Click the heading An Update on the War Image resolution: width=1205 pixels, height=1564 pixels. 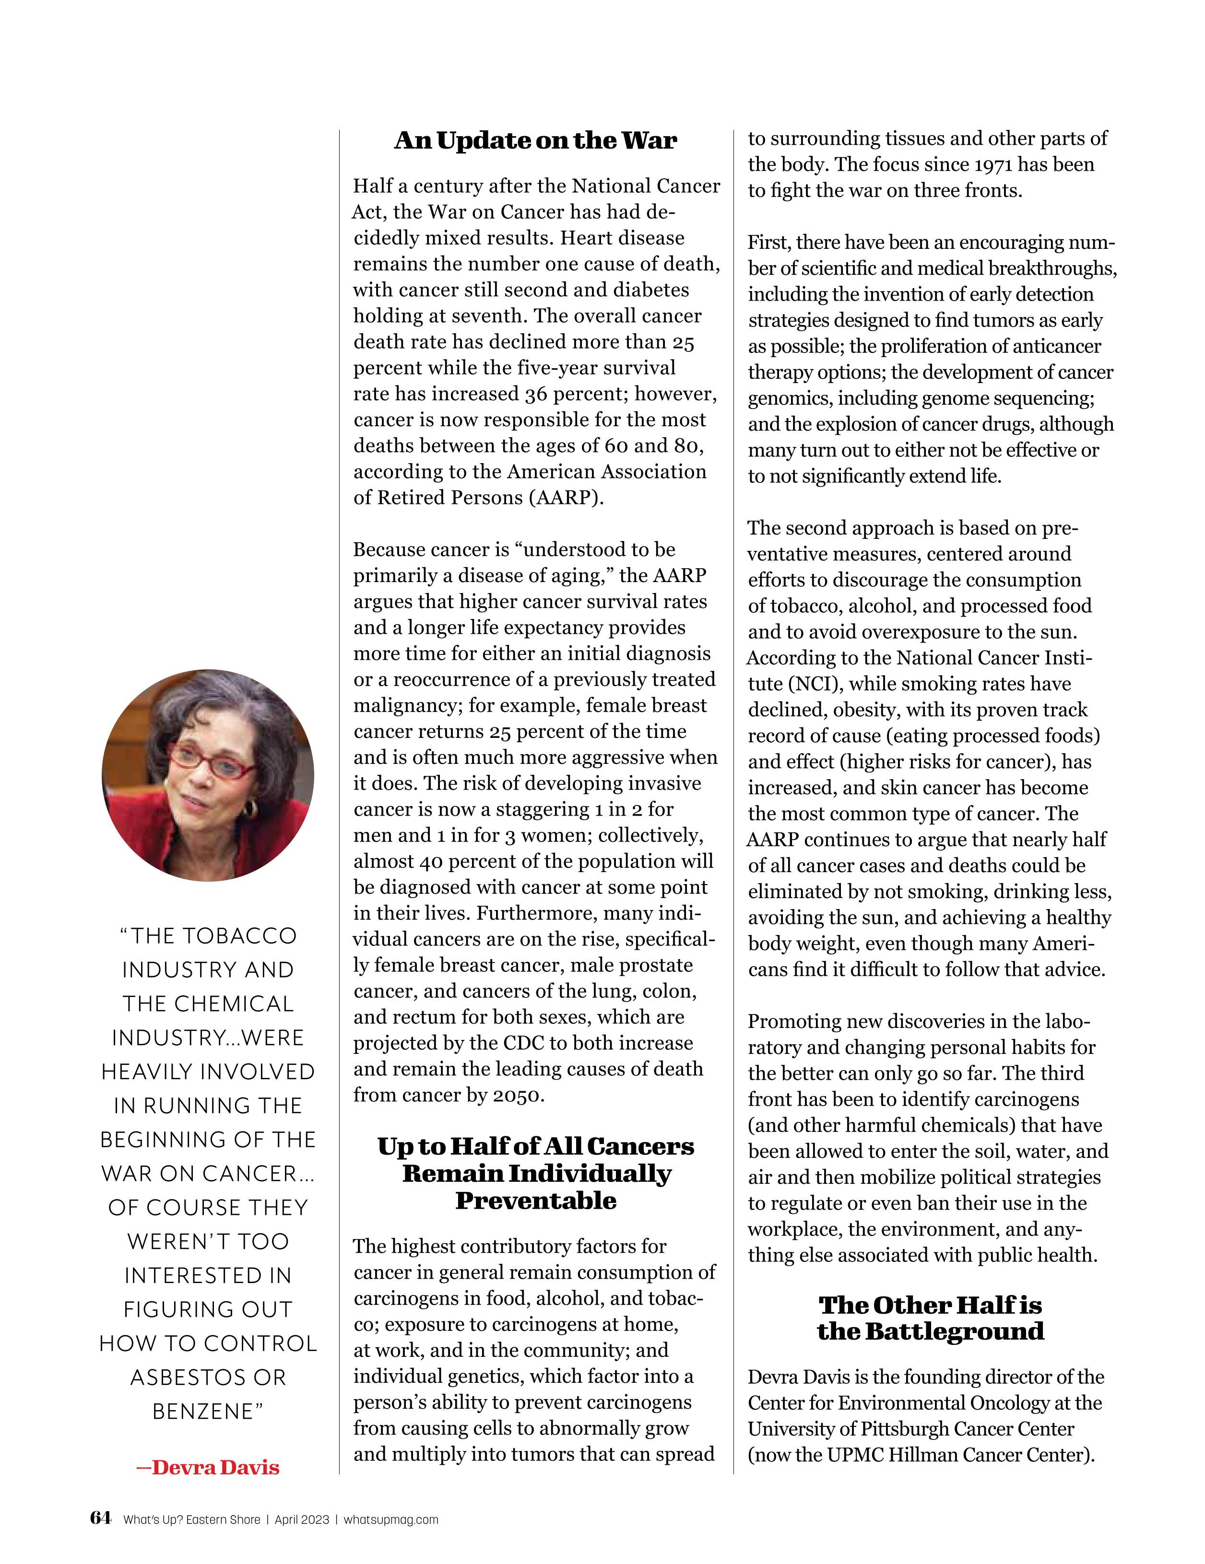pyautogui.click(x=535, y=140)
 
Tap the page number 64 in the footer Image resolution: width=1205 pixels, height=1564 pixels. pyautogui.click(x=100, y=1517)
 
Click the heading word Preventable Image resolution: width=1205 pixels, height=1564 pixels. pyautogui.click(x=536, y=1201)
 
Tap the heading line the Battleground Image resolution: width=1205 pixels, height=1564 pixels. pyautogui.click(x=930, y=1331)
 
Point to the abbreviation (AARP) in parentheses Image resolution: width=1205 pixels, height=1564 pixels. pyautogui.click(x=566, y=498)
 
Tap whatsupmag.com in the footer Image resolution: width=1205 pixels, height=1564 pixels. pyautogui.click(x=390, y=1519)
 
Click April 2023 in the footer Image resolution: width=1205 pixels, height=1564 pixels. pyautogui.click(x=302, y=1519)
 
